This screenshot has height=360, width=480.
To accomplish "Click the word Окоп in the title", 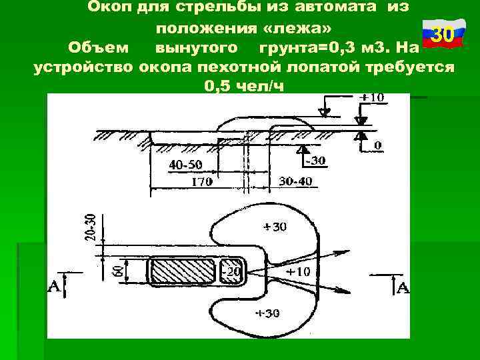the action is (x=110, y=7).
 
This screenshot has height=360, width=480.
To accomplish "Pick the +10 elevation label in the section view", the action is (x=373, y=98).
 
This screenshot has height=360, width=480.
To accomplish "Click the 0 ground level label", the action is (x=377, y=145).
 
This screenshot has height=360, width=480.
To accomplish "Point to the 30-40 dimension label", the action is (x=295, y=181).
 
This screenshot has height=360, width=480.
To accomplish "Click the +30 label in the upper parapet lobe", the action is (x=275, y=227).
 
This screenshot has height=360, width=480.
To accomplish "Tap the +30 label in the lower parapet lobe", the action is (x=268, y=313).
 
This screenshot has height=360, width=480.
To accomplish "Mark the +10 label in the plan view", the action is (x=297, y=272).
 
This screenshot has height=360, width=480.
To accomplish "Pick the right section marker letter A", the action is (x=403, y=287).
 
